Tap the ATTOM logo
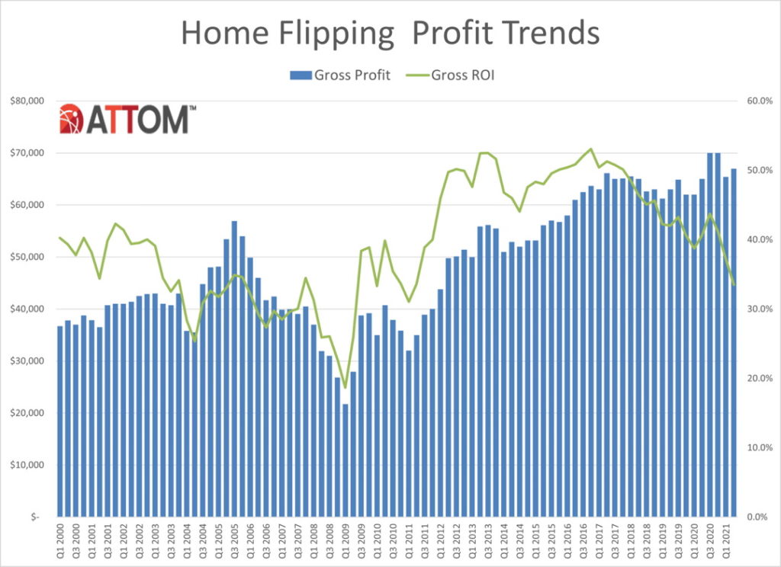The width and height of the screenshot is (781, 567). (x=127, y=119)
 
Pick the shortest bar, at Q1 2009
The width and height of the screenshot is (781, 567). (x=346, y=461)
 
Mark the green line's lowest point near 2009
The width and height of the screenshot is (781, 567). (x=346, y=388)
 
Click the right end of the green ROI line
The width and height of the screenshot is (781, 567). (x=734, y=285)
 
